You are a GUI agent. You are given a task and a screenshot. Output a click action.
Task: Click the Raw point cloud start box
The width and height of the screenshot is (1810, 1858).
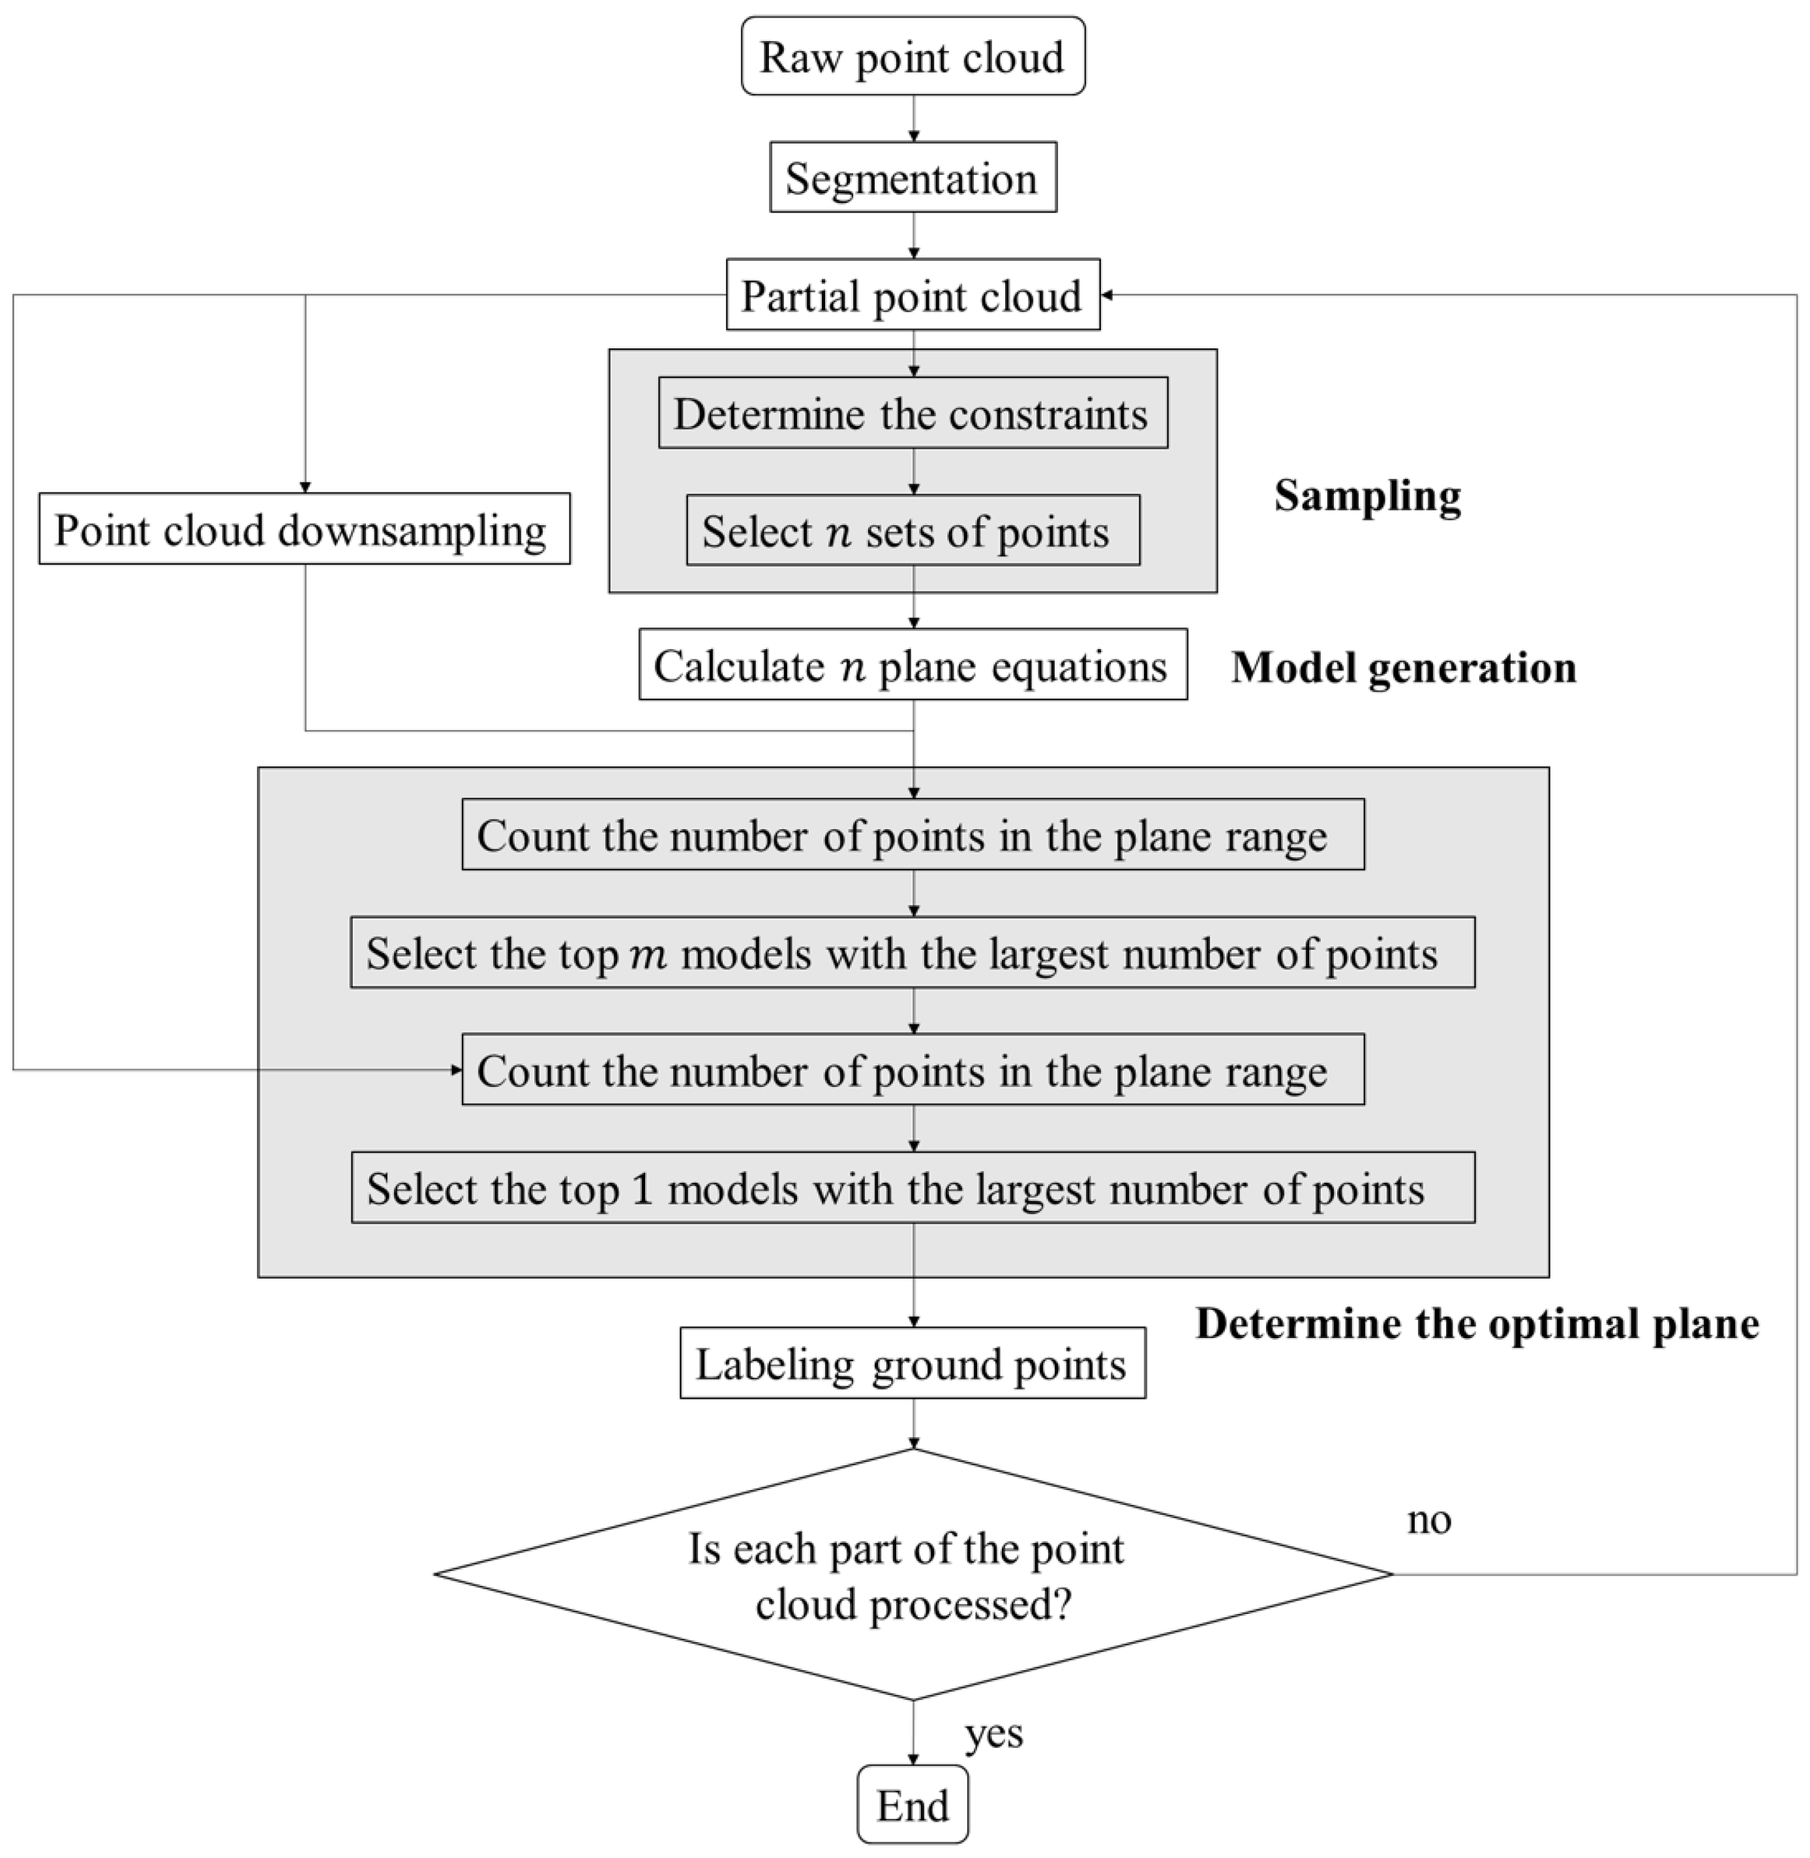coord(913,56)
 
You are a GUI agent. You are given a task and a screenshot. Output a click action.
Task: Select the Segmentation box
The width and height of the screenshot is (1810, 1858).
coord(913,178)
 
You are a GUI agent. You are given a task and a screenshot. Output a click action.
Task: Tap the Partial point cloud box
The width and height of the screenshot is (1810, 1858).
coord(913,295)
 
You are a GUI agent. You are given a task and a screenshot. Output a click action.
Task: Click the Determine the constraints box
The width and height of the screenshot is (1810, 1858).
coord(913,414)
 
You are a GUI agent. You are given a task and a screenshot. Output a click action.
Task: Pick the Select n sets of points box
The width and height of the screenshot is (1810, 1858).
coord(913,530)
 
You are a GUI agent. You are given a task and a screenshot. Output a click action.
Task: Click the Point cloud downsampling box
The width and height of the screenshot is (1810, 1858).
coord(304,528)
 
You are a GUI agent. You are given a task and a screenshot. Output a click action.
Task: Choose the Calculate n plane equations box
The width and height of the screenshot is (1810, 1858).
coord(913,665)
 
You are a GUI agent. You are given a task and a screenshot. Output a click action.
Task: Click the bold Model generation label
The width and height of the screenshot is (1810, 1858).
coord(1403,667)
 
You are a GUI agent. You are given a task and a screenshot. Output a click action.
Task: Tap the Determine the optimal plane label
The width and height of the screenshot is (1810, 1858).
coord(1476,1324)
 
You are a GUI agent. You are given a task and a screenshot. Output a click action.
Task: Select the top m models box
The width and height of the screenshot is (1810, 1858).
coord(913,952)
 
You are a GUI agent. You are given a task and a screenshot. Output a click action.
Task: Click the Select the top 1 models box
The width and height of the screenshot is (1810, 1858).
coord(913,1187)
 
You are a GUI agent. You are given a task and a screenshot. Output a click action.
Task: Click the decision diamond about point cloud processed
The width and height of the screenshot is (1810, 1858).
coord(913,1575)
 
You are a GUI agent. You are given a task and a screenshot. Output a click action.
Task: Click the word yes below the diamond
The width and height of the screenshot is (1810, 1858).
coord(993,1733)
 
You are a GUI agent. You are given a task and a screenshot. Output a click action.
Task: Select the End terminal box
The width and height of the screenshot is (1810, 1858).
coord(913,1805)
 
